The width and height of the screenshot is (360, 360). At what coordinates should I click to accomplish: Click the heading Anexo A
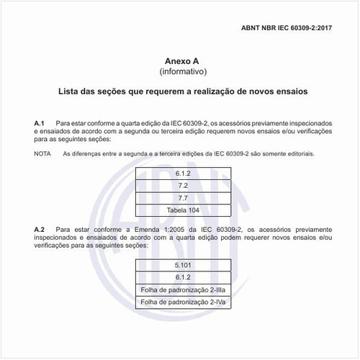182,61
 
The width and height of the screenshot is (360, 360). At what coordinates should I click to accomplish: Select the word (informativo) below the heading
182,72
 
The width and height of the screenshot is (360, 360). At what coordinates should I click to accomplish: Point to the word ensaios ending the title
287,92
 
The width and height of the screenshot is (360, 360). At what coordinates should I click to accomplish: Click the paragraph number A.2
40,228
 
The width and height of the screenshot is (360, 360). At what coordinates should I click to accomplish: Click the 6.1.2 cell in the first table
183,173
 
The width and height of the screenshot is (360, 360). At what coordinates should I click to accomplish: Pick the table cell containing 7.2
183,185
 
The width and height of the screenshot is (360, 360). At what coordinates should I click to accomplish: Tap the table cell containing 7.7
183,197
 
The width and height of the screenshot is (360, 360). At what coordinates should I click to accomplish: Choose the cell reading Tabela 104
183,210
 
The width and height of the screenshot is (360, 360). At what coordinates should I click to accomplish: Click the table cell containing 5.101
183,265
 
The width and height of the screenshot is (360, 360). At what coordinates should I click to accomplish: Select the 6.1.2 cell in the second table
183,277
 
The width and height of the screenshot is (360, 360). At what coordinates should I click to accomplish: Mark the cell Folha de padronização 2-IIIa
183,289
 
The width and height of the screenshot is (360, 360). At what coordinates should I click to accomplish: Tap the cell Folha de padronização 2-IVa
183,302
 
